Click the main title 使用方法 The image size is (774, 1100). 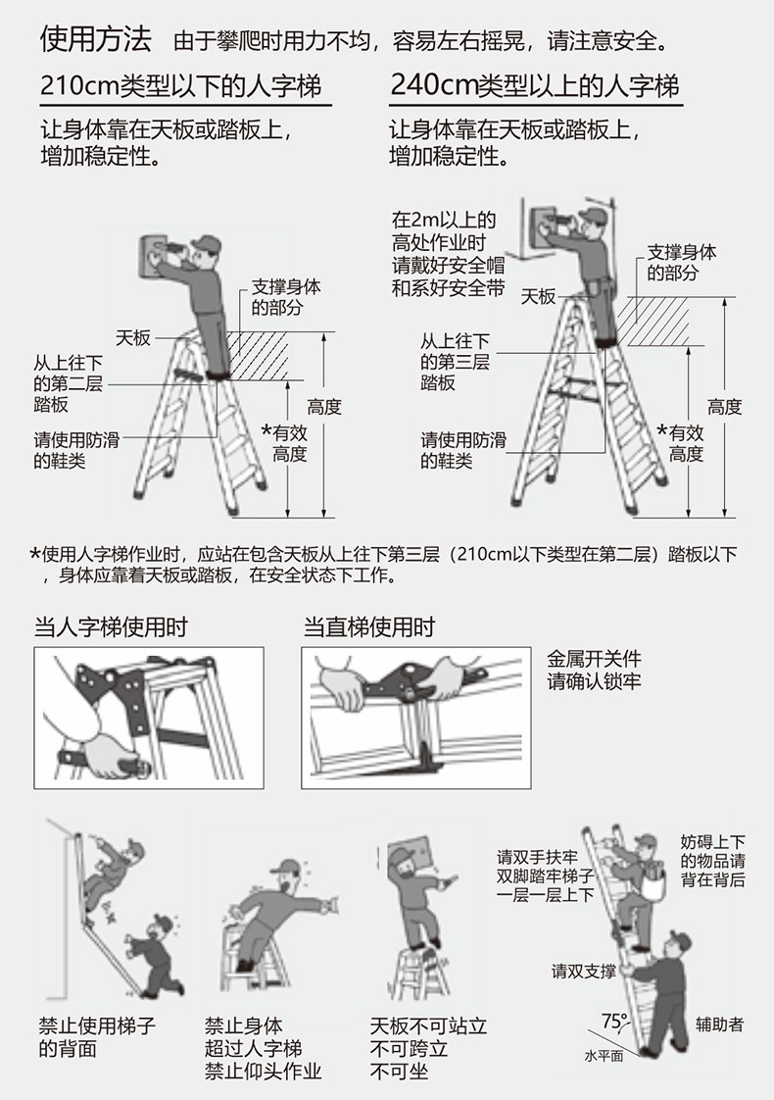click(x=95, y=39)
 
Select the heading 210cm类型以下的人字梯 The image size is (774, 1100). click(x=181, y=85)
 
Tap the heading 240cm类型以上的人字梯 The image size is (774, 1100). click(x=535, y=85)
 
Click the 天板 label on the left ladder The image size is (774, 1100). click(x=133, y=337)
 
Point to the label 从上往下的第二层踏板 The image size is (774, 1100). click(x=68, y=383)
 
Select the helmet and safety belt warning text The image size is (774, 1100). click(x=448, y=254)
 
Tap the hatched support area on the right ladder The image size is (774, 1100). click(x=653, y=322)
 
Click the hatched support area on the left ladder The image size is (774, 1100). click(x=258, y=357)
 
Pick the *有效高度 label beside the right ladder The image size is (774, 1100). click(x=680, y=443)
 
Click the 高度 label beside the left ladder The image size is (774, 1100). click(x=324, y=407)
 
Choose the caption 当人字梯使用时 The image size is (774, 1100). click(x=111, y=626)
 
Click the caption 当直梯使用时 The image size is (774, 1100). click(x=368, y=626)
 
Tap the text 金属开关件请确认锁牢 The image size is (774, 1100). click(x=594, y=670)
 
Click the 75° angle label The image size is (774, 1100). click(x=614, y=1021)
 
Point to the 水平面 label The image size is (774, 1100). click(x=604, y=1056)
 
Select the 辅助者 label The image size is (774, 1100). click(x=719, y=1025)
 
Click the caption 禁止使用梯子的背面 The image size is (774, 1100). click(x=97, y=1037)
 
